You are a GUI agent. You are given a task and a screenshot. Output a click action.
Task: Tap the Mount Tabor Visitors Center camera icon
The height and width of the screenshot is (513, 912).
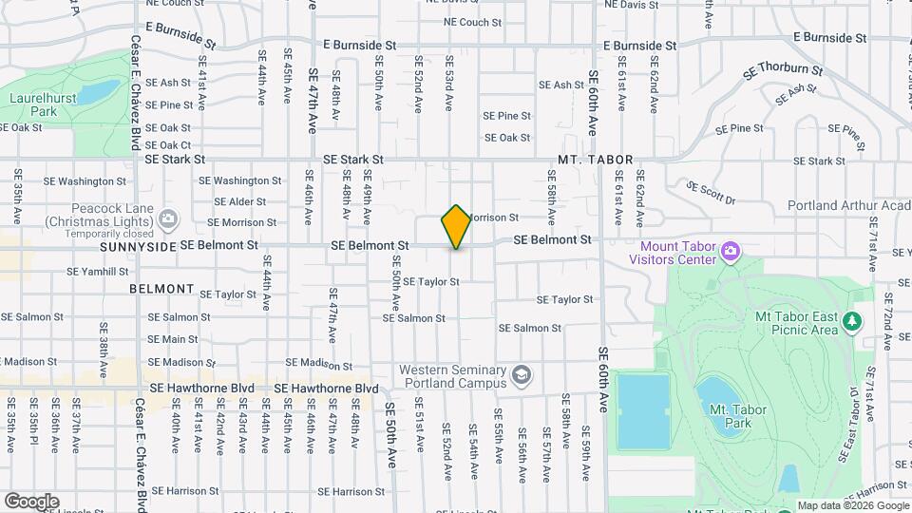point(731,251)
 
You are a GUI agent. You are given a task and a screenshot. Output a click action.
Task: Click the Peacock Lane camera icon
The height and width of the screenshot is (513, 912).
point(169,219)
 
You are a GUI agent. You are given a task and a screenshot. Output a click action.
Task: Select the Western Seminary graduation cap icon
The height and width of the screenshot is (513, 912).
point(521,375)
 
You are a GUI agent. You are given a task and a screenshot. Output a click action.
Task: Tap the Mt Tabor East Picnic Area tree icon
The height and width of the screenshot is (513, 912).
point(852,321)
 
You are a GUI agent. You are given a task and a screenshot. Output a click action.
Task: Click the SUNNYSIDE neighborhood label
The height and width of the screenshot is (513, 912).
point(138,246)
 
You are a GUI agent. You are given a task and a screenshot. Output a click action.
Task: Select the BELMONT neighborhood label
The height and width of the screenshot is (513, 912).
point(161,289)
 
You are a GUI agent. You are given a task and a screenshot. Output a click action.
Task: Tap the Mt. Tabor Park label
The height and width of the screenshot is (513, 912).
point(738,416)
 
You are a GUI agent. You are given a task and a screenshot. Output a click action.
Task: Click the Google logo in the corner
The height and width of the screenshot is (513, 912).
point(31,501)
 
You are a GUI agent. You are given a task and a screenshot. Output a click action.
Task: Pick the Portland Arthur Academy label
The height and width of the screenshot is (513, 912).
point(848,205)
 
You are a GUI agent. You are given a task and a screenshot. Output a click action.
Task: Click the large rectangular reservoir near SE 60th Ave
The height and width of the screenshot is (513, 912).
point(643,410)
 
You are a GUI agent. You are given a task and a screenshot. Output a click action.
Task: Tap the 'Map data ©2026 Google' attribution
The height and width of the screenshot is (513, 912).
point(853,505)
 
